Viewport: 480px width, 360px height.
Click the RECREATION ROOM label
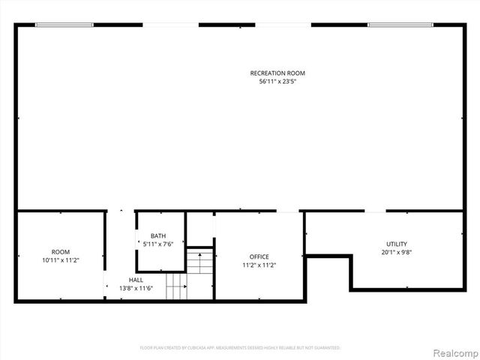[x=277, y=73]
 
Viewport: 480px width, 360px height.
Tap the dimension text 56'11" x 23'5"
[x=277, y=81]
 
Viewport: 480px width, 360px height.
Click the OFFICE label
[x=255, y=256]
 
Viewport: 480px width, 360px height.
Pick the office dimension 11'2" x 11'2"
[x=255, y=265]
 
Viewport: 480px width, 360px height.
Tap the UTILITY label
[x=396, y=244]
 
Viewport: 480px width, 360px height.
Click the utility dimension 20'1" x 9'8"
[x=396, y=252]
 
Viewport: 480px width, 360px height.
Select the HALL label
[x=136, y=279]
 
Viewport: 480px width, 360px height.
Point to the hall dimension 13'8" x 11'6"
[x=136, y=288]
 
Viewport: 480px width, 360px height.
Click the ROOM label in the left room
[x=60, y=251]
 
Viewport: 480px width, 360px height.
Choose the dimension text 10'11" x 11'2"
[x=60, y=259]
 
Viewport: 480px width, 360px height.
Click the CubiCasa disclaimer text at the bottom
[x=240, y=348]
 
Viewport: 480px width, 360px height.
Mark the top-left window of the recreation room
[x=64, y=25]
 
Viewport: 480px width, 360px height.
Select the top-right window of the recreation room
[x=400, y=25]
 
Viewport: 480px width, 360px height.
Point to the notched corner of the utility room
[x=351, y=256]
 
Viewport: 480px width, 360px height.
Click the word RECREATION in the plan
[x=265, y=73]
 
